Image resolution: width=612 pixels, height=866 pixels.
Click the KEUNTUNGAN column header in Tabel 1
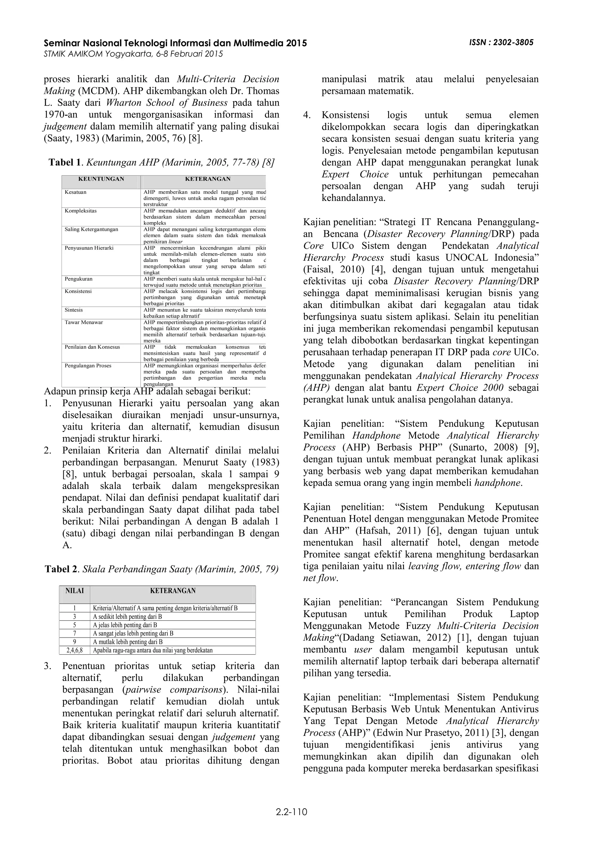pyautogui.click(x=101, y=179)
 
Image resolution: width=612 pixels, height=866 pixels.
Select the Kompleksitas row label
pyautogui.click(x=81, y=211)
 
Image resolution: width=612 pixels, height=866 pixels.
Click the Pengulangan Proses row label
pyautogui.click(x=88, y=366)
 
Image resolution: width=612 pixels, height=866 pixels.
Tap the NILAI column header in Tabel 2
pyautogui.click(x=75, y=591)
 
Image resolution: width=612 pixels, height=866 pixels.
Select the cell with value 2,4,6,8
pyautogui.click(x=75, y=650)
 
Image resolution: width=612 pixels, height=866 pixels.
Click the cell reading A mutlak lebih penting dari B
pyautogui.click(x=128, y=642)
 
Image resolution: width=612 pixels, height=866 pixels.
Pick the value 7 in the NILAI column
pyautogui.click(x=75, y=633)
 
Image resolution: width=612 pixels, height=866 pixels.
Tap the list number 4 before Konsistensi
pyautogui.click(x=307, y=115)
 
